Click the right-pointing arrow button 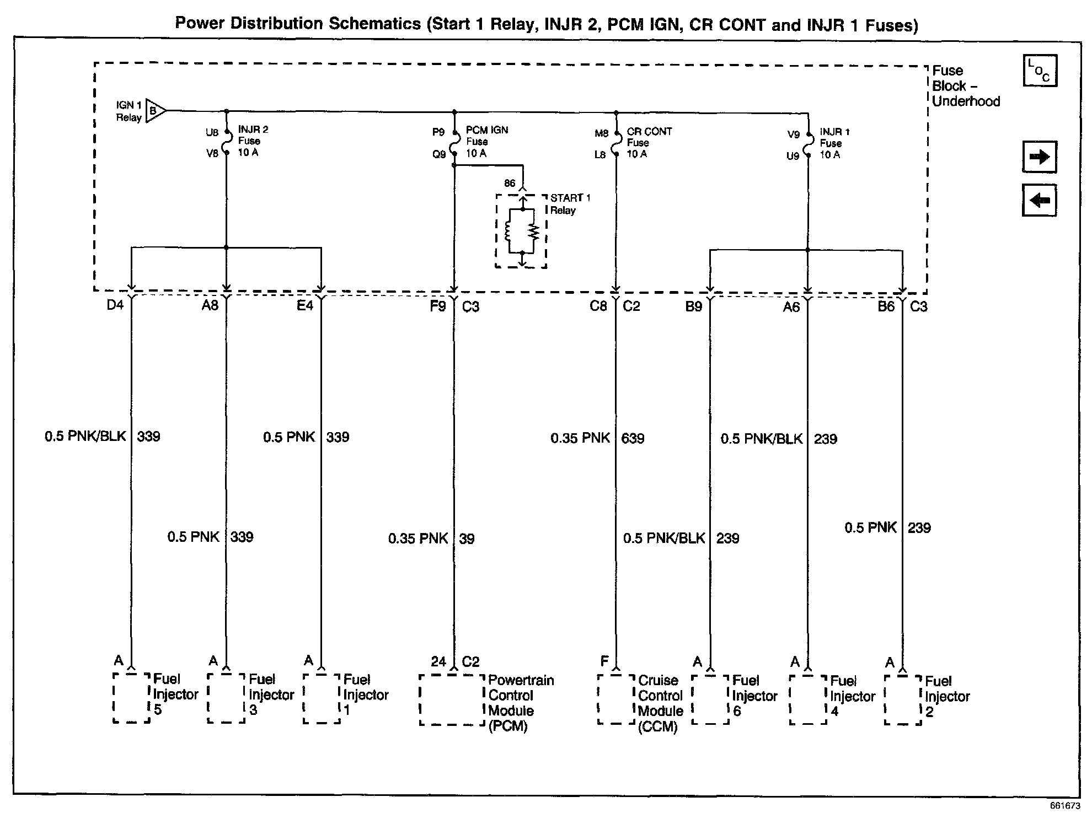point(1040,157)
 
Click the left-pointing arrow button point(1040,200)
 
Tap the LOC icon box point(1040,71)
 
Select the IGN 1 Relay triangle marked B point(155,111)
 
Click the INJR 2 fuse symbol point(226,142)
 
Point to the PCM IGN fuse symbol point(454,143)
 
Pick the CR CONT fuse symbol point(615,144)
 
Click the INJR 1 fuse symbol point(808,144)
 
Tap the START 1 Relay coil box point(521,231)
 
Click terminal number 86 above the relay point(510,183)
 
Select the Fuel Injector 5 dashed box point(131,697)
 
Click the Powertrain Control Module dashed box point(452,699)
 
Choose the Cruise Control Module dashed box point(616,699)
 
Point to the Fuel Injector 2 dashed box point(903,699)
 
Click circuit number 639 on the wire point(633,439)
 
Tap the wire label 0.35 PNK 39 point(430,539)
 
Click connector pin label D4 point(115,305)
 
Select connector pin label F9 point(438,306)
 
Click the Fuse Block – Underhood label point(965,86)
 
